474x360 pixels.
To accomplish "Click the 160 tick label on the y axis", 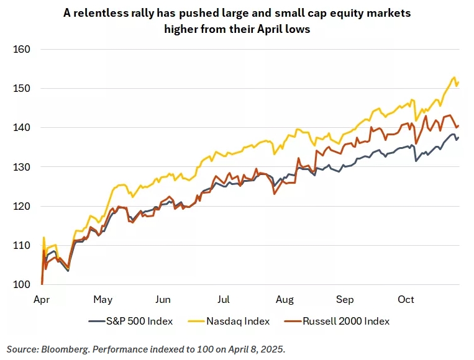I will click(x=22, y=49).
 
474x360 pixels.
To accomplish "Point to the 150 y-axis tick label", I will click(x=22, y=89).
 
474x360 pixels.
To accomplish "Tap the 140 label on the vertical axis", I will click(x=22, y=128).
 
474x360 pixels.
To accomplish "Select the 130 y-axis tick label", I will click(x=22, y=167).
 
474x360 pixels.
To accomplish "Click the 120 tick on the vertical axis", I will click(x=22, y=207).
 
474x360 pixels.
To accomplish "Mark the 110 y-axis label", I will click(x=22, y=246).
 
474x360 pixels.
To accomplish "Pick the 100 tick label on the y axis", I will click(x=22, y=285).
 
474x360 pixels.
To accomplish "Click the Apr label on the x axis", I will click(x=42, y=300).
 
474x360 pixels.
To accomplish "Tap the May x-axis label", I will click(x=103, y=300).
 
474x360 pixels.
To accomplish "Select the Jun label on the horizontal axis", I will click(x=163, y=300).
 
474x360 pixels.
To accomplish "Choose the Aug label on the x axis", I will click(x=285, y=300).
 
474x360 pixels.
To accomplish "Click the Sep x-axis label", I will click(x=345, y=300).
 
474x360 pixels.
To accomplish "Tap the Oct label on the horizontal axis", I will click(x=406, y=300).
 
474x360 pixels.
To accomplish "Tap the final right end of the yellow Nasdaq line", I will click(x=458, y=83).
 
